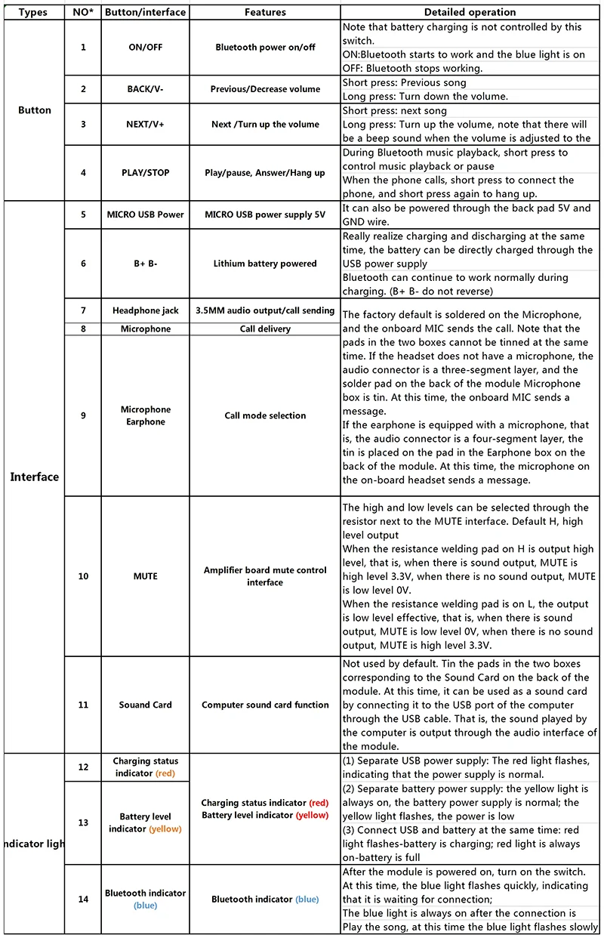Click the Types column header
pos(33,12)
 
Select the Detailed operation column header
pos(470,12)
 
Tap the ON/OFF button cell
pos(145,48)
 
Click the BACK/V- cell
pos(145,89)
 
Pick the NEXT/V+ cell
pos(145,125)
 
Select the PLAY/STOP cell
pos(145,173)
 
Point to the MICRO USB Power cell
pos(145,214)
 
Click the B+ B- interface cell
pos(145,264)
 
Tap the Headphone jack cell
pos(145,310)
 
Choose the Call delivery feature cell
pos(265,329)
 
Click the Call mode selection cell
pos(265,415)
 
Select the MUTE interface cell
pos(145,576)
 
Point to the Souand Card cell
pos(145,705)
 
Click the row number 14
pos(83,899)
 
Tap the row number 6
pos(83,264)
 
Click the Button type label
pos(34,110)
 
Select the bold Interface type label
pos(34,477)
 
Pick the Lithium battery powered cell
pos(265,264)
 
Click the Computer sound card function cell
pos(265,705)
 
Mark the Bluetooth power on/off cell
pos(265,48)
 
